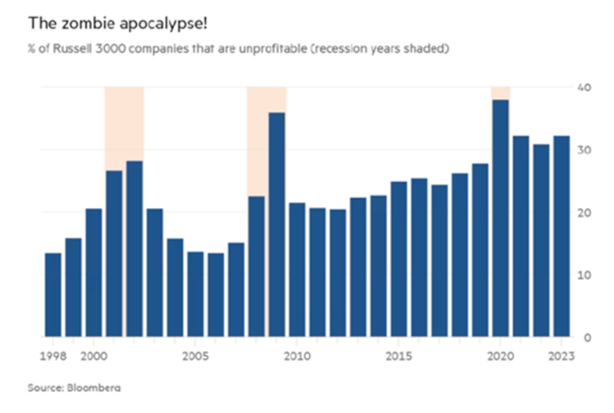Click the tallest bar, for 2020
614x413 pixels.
pos(501,217)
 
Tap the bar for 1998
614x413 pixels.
pos(53,294)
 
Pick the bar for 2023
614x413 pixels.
pos(561,236)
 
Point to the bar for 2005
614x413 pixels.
pos(196,293)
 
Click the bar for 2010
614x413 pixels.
pos(297,269)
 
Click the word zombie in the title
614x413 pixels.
pos(77,21)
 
